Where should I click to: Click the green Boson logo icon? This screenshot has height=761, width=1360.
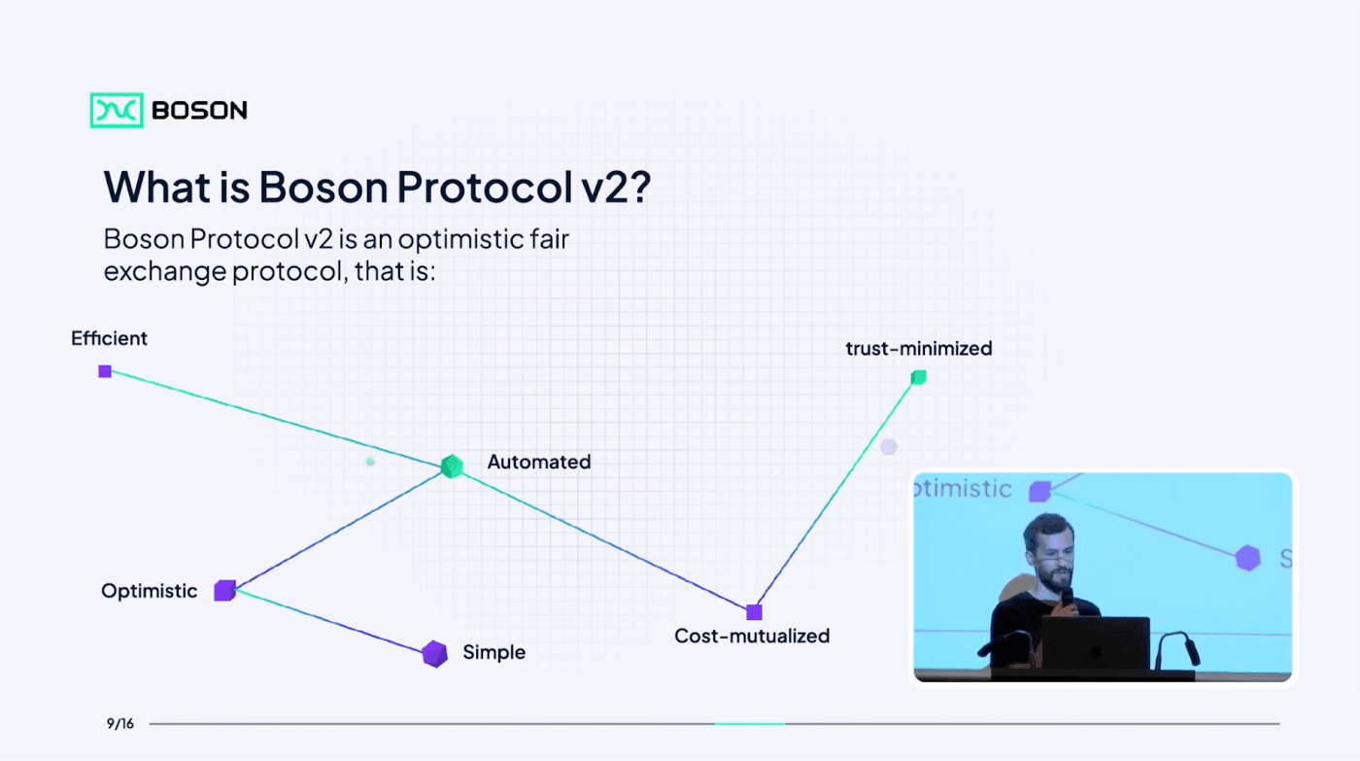point(117,110)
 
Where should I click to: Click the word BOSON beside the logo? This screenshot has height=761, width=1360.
point(199,111)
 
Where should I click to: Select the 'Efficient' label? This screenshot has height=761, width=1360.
point(109,338)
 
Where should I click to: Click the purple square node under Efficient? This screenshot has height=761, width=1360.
point(105,371)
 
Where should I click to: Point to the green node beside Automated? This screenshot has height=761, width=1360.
point(452,467)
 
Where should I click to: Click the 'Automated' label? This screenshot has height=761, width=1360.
point(539,462)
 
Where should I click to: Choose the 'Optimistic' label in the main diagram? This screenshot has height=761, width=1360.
point(150,591)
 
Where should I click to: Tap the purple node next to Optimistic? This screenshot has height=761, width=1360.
point(224,590)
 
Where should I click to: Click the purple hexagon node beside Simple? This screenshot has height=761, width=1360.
point(435,654)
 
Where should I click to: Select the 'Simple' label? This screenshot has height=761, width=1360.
point(494,652)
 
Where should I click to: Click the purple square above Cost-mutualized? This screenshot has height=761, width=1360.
point(754,612)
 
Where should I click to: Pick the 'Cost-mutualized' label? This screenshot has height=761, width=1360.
point(752,636)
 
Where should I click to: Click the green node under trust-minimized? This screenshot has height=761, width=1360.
point(919,377)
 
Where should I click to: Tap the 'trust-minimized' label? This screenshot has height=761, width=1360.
point(919,349)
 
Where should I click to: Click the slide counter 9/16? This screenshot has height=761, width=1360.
point(120,723)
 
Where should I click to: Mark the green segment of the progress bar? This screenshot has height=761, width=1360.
point(750,724)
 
